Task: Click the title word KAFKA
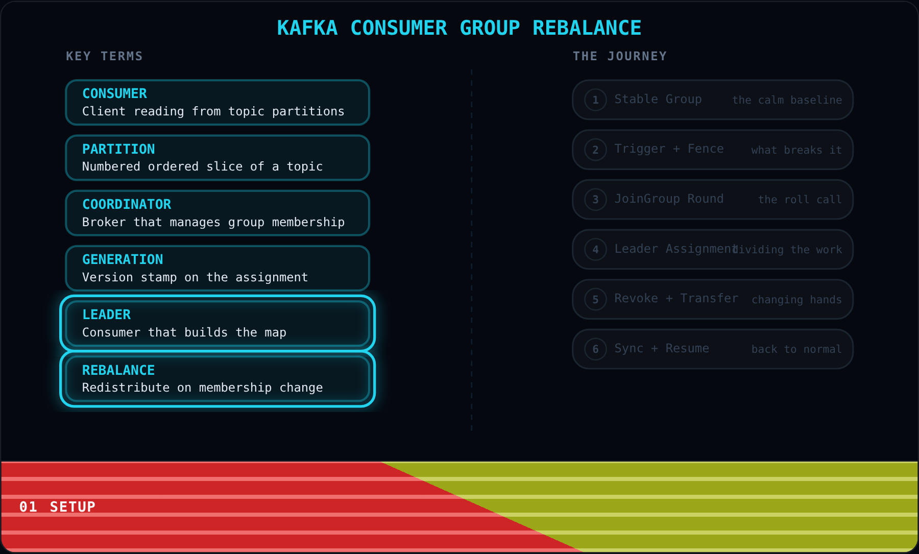pos(307,28)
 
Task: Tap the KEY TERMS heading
pos(104,56)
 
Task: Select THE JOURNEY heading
pos(620,56)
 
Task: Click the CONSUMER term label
pos(114,93)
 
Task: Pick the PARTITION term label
pos(118,149)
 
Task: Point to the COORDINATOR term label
pos(127,204)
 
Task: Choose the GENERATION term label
pos(123,259)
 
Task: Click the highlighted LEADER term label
pos(106,315)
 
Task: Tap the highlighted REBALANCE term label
pos(118,370)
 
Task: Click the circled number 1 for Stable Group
pos(595,100)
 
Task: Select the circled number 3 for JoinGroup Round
pos(595,199)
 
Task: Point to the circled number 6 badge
pos(595,349)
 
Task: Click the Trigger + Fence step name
pos(669,149)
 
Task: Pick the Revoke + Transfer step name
pos(676,298)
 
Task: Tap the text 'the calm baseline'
pos(787,100)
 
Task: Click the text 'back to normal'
pos(796,349)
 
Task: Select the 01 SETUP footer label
pos(57,507)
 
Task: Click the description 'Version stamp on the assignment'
pos(195,277)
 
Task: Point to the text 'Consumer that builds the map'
pos(184,332)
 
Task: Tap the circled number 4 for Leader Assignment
pos(595,249)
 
